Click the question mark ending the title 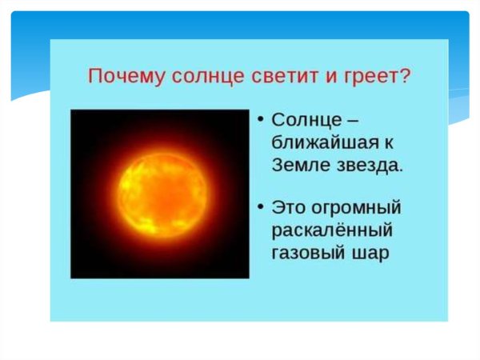coord(405,77)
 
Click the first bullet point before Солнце coord(260,120)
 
